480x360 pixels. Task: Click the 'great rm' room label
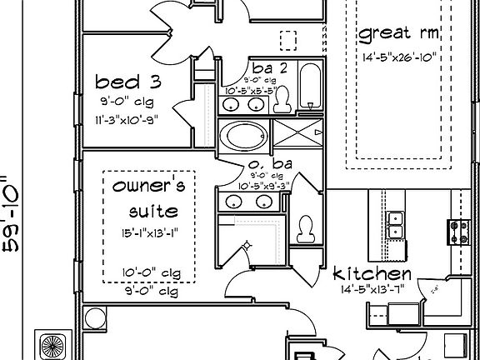pos(398,34)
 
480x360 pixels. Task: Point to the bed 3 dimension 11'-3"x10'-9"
pos(127,118)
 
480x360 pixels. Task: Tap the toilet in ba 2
pos(282,99)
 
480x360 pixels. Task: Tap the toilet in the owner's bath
pos(306,227)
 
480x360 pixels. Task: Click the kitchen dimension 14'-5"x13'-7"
pos(371,291)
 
